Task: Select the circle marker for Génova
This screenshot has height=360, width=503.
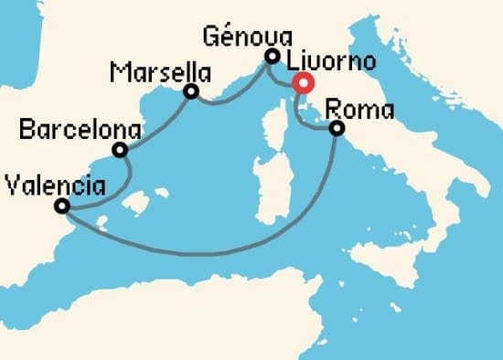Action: point(272,57)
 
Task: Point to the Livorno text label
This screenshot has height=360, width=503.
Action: point(330,63)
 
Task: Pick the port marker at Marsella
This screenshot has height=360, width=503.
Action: point(191,91)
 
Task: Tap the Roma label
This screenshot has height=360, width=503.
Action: point(359,110)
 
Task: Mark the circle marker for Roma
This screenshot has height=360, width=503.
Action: point(337,129)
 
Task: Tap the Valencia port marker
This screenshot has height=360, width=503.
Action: point(62,206)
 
